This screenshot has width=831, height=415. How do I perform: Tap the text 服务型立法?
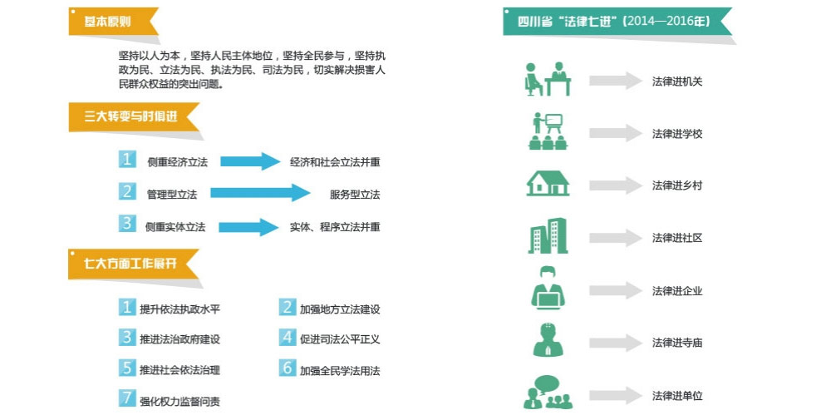[x=355, y=195]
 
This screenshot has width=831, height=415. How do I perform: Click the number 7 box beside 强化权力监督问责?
[x=127, y=398]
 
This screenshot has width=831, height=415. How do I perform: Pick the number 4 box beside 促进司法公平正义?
[x=288, y=337]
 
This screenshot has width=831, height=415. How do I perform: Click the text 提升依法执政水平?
[x=179, y=309]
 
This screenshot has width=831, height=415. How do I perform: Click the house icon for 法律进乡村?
[x=548, y=184]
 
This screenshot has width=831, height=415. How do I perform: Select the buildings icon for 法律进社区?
[x=548, y=235]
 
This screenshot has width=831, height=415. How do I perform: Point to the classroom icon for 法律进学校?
[x=548, y=131]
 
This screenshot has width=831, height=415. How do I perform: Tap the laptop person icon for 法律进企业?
[x=548, y=288]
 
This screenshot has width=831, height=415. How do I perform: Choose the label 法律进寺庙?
[x=677, y=343]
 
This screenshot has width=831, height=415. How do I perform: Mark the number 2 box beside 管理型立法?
[x=127, y=192]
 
